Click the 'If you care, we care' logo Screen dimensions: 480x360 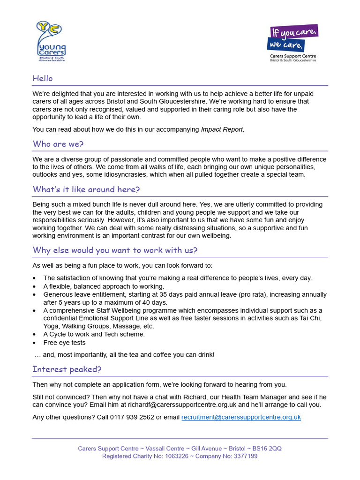click(292, 43)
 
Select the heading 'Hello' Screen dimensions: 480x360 click(43, 78)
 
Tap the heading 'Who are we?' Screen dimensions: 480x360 click(58, 144)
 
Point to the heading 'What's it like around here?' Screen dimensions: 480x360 click(86, 189)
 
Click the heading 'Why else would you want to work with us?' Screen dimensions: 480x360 click(115, 250)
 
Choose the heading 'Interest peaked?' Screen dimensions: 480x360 click(67, 369)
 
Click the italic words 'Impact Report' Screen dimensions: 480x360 click(222, 129)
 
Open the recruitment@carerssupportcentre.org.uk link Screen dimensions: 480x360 click(241, 417)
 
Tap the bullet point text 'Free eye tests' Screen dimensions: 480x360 click(65, 343)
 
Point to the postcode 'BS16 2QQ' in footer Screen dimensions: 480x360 click(267, 449)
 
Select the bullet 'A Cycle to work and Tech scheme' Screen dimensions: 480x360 click(94, 334)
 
